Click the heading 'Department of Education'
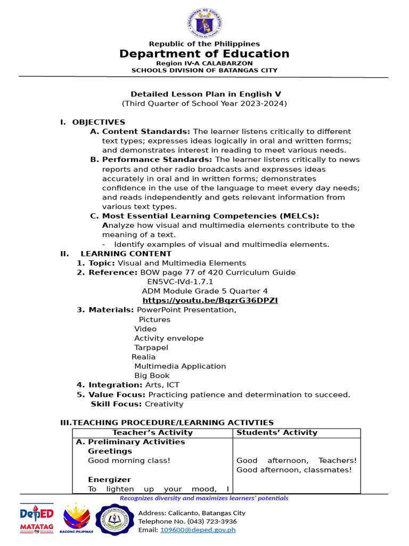[204, 54]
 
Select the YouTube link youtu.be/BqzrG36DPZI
[210, 300]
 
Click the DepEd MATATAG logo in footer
[37, 518]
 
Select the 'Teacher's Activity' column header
[152, 432]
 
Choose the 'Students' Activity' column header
[277, 432]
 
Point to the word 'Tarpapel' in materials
[151, 347]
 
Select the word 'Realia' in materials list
[144, 357]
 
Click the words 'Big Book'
[152, 375]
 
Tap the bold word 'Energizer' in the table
[109, 479]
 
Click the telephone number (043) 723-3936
[187, 521]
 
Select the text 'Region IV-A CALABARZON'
[204, 63]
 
